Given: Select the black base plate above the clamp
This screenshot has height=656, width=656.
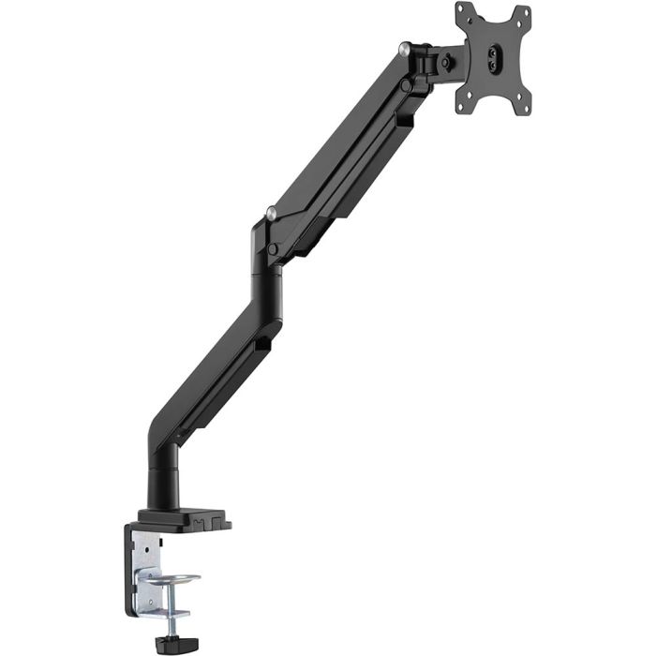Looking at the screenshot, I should pyautogui.click(x=184, y=517).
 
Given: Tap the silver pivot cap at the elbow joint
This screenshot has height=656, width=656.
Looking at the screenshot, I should pyautogui.click(x=271, y=215).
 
